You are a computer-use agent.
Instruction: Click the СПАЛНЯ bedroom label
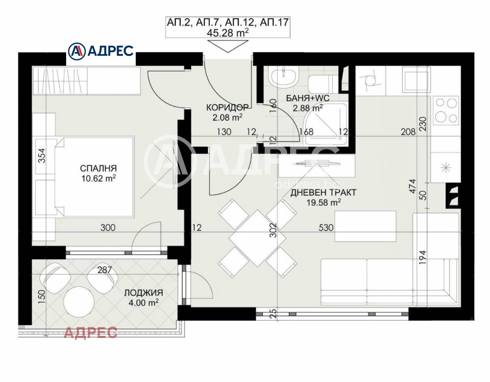[x=98, y=168]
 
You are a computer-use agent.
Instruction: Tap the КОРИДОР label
[x=227, y=107]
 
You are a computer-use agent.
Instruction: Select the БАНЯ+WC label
[x=308, y=98]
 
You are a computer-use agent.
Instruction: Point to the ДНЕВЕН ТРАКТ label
[x=323, y=192]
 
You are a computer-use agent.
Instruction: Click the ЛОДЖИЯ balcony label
[x=144, y=293]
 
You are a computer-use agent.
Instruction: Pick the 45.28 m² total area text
[x=228, y=32]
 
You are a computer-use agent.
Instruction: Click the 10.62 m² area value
[x=98, y=178]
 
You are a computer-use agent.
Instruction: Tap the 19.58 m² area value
[x=323, y=203]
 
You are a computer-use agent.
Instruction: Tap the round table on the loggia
[x=79, y=302]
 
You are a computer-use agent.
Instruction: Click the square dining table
[x=258, y=238]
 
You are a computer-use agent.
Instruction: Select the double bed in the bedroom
[x=95, y=176]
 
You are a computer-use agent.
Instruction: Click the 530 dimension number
[x=326, y=228]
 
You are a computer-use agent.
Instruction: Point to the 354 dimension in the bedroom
[x=42, y=155]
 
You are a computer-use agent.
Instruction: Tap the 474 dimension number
[x=413, y=186]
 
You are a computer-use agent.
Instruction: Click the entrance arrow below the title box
[x=227, y=47]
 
